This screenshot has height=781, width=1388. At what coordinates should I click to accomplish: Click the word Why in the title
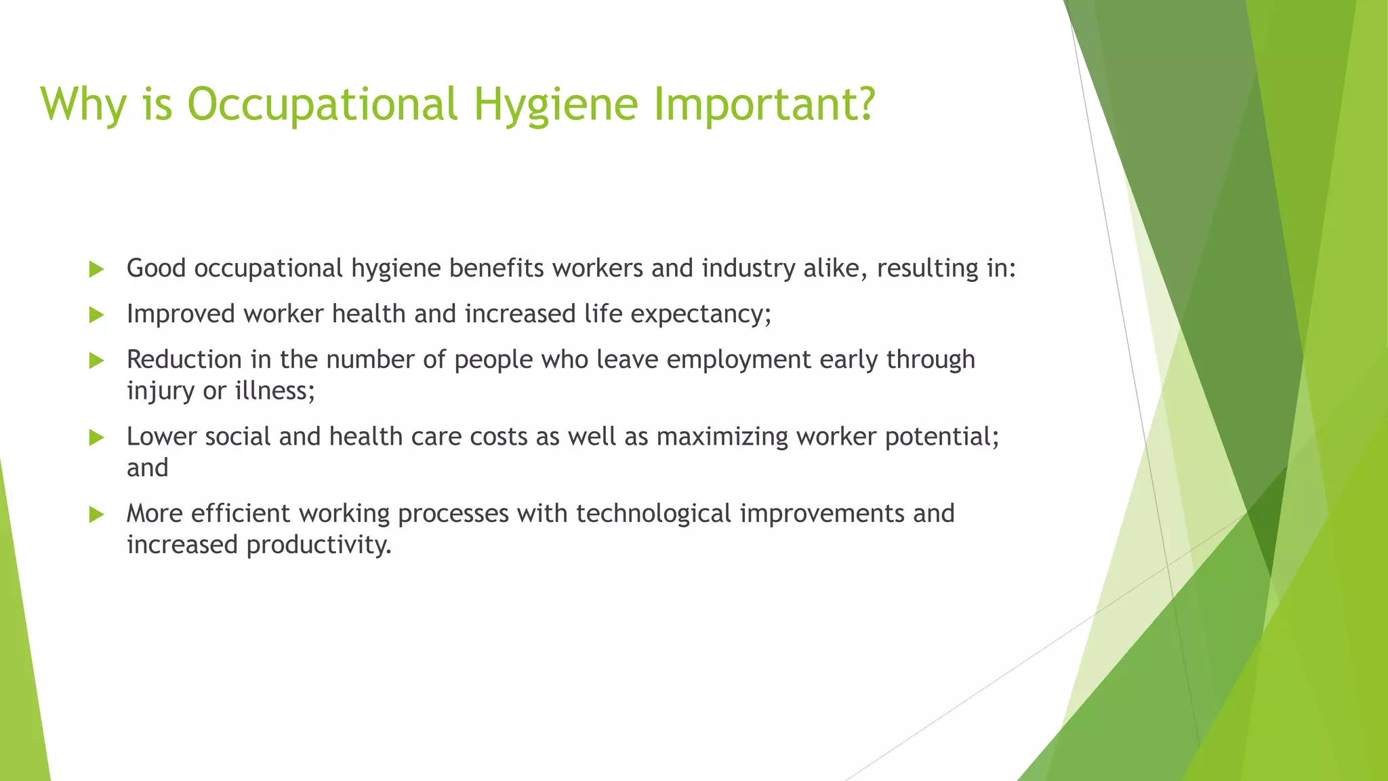coord(83,105)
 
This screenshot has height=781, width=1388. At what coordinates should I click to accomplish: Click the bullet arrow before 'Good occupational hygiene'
coord(96,270)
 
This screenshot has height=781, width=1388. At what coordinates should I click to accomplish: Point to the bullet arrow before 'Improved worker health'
coord(96,315)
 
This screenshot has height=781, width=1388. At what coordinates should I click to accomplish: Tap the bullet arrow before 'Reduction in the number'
coord(96,361)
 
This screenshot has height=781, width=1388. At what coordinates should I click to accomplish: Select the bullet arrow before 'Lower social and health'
coord(96,438)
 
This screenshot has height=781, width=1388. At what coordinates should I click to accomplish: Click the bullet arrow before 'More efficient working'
coord(96,515)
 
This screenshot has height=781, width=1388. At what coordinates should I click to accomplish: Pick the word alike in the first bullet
coord(834,268)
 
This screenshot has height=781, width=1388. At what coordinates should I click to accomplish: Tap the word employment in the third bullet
coord(738,360)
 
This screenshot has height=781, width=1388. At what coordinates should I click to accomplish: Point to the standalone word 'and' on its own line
coord(147,468)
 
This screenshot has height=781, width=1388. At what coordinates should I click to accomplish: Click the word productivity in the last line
coord(319,546)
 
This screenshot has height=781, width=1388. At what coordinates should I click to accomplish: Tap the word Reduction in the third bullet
coord(184,360)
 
